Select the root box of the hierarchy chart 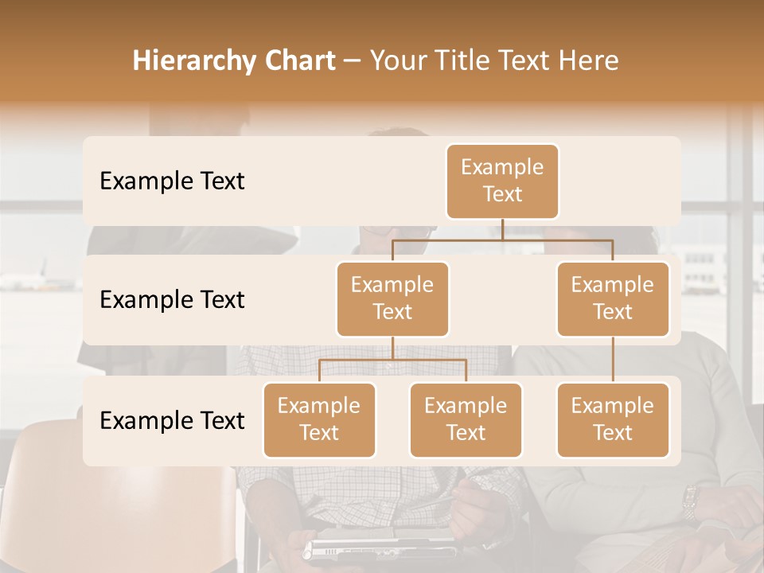coord(502,181)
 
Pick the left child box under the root coord(392,298)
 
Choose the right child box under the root coord(613,298)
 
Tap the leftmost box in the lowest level coord(319,419)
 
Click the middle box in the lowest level coord(466,419)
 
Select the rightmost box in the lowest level coord(613,419)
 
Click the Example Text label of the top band coord(172,181)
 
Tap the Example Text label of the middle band coord(172,300)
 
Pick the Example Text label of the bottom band coord(172,420)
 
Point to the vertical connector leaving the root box coord(502,229)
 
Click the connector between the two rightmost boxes coord(613,360)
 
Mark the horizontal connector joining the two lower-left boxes coord(392,360)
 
